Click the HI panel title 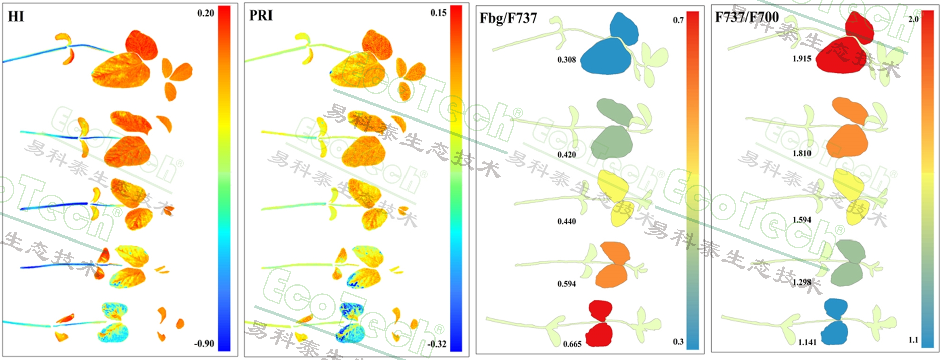(16, 17)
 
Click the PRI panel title (261, 16)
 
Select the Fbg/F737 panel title (508, 19)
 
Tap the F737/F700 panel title (747, 17)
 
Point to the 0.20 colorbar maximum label (206, 13)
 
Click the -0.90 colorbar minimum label (204, 344)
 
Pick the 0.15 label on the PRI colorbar (438, 13)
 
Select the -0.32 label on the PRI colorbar (437, 344)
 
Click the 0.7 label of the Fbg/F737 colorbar (678, 20)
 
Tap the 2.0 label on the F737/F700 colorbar (913, 19)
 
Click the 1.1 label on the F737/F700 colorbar (913, 340)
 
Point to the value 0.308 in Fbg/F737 (567, 60)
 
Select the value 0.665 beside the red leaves (572, 344)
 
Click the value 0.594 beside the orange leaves (567, 284)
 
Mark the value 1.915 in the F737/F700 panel (802, 59)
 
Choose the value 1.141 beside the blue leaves (807, 342)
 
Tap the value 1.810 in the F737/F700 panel (802, 153)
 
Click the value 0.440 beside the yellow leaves (567, 221)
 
